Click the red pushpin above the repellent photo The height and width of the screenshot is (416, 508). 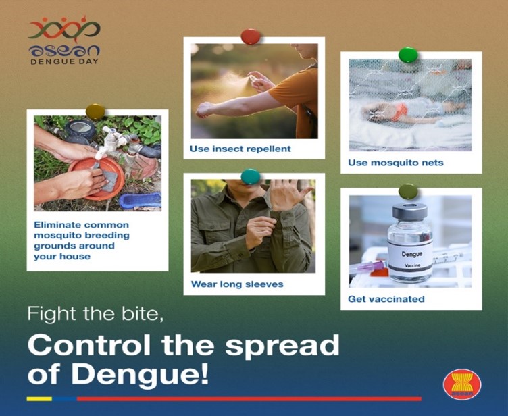pyautogui.click(x=251, y=36)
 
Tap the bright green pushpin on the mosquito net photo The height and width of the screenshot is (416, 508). pyautogui.click(x=408, y=55)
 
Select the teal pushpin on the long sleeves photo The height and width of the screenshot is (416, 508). pyautogui.click(x=251, y=176)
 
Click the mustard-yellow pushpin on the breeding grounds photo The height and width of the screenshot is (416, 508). pyautogui.click(x=95, y=111)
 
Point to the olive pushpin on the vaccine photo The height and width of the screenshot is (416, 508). pyautogui.click(x=408, y=192)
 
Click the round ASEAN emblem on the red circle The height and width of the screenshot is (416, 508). pyautogui.click(x=462, y=384)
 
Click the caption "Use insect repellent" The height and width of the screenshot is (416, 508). pyautogui.click(x=240, y=149)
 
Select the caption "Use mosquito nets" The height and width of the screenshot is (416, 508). pyautogui.click(x=396, y=162)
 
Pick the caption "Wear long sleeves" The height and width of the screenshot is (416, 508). pyautogui.click(x=237, y=284)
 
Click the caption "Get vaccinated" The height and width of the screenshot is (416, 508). pyautogui.click(x=386, y=298)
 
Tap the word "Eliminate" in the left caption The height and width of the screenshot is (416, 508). pyautogui.click(x=57, y=224)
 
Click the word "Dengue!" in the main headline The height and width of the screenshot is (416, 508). pyautogui.click(x=140, y=375)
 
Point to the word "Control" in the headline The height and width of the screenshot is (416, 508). pyautogui.click(x=88, y=344)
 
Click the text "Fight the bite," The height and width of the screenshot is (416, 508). pyautogui.click(x=95, y=313)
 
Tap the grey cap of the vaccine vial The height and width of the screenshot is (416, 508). pyautogui.click(x=409, y=212)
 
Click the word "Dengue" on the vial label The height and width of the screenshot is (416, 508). pyautogui.click(x=412, y=254)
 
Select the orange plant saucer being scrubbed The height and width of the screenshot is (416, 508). pyautogui.click(x=96, y=178)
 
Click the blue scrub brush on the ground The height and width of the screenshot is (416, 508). pyautogui.click(x=140, y=201)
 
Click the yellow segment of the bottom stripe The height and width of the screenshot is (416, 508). pyautogui.click(x=39, y=399)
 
